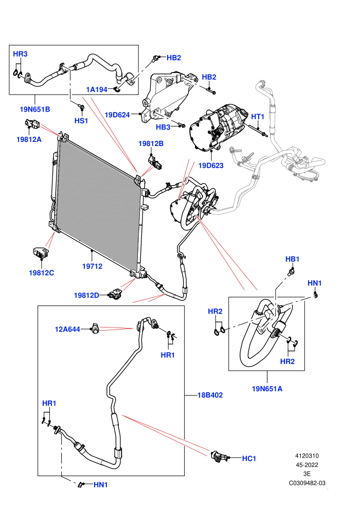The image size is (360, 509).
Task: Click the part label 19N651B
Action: point(35,110)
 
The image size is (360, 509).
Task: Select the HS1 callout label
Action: point(81,121)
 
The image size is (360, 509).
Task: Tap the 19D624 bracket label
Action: point(117,115)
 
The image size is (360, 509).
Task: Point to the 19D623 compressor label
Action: point(211,166)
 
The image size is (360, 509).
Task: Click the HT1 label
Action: point(258,117)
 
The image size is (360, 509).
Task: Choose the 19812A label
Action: point(29,139)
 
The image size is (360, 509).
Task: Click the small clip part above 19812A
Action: point(32,124)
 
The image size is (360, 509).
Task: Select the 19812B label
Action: point(151,143)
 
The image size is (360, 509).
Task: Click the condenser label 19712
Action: point(92,266)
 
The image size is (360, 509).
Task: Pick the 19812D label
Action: point(86,296)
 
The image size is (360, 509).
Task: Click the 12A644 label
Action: point(67,330)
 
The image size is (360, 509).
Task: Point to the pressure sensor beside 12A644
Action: point(96,329)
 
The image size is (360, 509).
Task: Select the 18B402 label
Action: point(210,395)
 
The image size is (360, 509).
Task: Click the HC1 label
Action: point(249,459)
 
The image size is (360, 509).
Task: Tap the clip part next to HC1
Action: point(219,457)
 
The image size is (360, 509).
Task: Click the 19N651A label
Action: point(267,389)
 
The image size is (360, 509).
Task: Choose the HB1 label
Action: point(292,259)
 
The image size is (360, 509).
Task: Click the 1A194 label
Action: point(96,89)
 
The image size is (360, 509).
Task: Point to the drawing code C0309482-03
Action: point(307,483)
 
